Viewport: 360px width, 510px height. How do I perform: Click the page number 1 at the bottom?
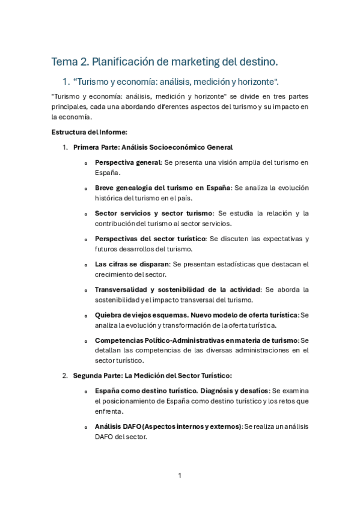180,475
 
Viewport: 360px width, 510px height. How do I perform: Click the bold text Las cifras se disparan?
132,264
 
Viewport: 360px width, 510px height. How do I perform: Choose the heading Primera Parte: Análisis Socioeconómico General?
153,147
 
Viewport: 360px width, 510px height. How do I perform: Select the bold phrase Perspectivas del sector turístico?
150,238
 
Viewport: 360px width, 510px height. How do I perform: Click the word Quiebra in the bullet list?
109,315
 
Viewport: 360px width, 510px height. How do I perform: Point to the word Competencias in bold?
120,340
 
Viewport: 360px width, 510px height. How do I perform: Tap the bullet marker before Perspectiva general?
86,163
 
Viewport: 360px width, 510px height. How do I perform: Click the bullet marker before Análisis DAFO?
86,427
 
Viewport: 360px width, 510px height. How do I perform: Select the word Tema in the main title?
64,61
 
